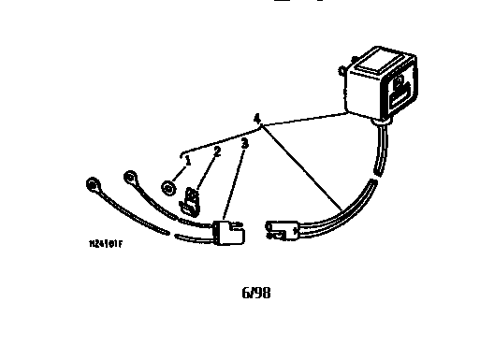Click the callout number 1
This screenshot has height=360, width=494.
[x=187, y=160]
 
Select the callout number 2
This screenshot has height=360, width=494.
[x=216, y=151]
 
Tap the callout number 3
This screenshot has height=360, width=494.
[x=244, y=144]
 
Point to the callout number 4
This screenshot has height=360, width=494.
[x=256, y=118]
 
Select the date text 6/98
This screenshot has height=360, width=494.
[x=256, y=293]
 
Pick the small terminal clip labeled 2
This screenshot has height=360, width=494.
[x=193, y=201]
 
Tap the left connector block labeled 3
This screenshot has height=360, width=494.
[x=228, y=232]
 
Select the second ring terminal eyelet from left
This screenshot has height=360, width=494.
[x=131, y=178]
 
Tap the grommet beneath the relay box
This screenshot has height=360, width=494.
[x=380, y=121]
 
